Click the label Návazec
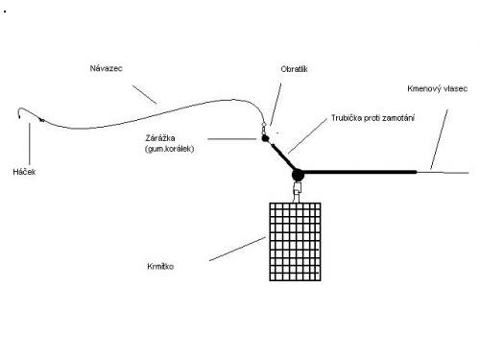pos(106,68)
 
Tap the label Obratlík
pos(294,69)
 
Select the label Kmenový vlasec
pos(437,88)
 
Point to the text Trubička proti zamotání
pos(372,118)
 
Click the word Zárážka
pos(160,138)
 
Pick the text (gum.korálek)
pos(169,149)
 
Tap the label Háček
pos(24,172)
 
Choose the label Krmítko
pos(160,266)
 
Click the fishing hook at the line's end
pos(19,112)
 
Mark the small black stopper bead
pos(265,138)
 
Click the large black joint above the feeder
pos(298,175)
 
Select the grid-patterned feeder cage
pos(295,242)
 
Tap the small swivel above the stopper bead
pos(264,129)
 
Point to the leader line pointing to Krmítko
pos(237,249)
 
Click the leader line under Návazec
pos(145,94)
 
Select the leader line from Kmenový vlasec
pos(439,139)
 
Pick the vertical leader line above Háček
pos(30,143)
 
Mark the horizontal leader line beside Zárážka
pos(232,139)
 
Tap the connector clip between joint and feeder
pos(297,192)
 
